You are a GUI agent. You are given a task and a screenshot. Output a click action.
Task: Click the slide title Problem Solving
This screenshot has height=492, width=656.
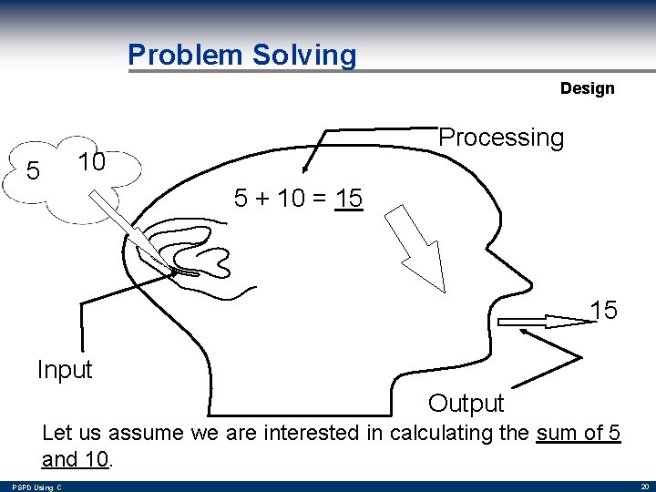(x=241, y=55)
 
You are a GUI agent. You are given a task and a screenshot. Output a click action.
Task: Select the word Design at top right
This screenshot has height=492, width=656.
(x=587, y=88)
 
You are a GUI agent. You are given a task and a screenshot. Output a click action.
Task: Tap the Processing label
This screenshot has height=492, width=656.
(x=501, y=138)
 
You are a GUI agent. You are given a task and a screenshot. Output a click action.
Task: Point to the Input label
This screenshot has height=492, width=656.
(x=65, y=370)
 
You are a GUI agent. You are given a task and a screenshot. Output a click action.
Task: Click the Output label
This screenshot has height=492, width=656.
(x=466, y=403)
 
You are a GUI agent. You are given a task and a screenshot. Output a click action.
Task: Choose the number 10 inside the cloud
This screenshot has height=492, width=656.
(x=91, y=162)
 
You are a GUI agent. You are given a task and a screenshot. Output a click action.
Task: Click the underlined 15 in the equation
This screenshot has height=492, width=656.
(x=349, y=198)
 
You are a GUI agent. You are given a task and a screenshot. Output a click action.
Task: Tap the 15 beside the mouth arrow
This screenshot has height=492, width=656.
(x=603, y=311)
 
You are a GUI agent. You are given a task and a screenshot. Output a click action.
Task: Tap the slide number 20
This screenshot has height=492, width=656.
(x=644, y=487)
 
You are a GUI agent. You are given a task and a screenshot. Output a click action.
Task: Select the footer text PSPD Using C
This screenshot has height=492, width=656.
(x=37, y=487)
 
